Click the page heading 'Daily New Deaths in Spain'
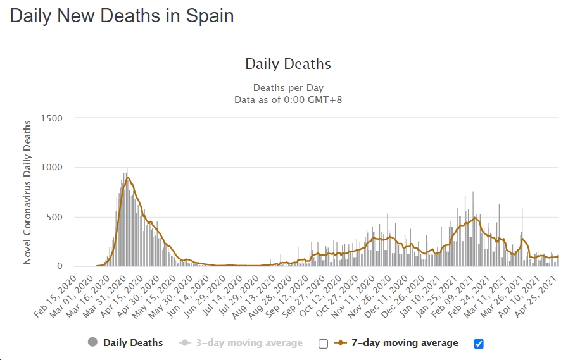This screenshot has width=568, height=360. (122, 16)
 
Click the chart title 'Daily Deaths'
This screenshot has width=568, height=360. (287, 64)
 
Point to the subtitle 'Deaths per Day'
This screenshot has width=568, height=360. (288, 88)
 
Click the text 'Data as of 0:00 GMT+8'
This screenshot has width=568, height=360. (288, 99)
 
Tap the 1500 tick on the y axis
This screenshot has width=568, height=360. (51, 118)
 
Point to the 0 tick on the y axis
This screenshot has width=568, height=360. (60, 266)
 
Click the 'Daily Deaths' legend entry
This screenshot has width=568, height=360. (133, 343)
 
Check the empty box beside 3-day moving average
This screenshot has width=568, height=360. (324, 344)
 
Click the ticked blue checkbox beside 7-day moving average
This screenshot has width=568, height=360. (479, 344)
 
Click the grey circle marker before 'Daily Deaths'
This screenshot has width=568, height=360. (92, 343)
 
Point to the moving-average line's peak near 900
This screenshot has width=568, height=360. (127, 177)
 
